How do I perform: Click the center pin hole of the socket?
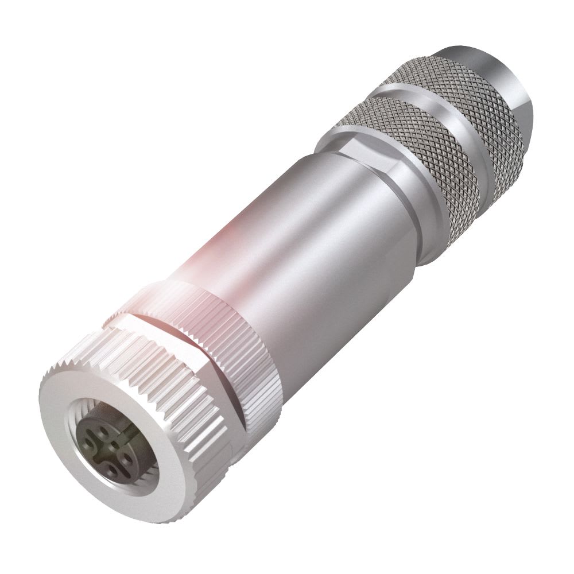[x=115, y=445]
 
